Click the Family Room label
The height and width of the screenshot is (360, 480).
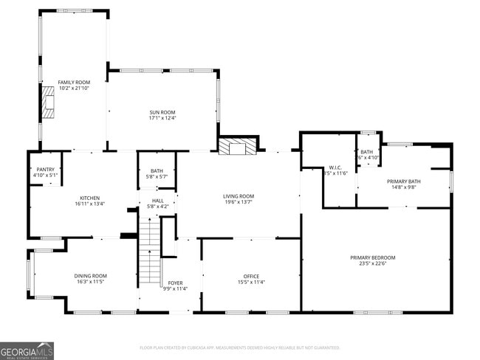pyautogui.click(x=73, y=82)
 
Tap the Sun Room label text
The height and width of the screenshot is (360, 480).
pyautogui.click(x=162, y=111)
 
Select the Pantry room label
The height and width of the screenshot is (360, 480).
pyautogui.click(x=45, y=169)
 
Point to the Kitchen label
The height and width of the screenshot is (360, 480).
pyautogui.click(x=89, y=198)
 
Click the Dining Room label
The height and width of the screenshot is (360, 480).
pyautogui.click(x=90, y=276)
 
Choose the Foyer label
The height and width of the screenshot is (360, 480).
pyautogui.click(x=175, y=283)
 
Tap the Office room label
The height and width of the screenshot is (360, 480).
pyautogui.click(x=251, y=276)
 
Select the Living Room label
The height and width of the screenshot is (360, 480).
pyautogui.click(x=239, y=195)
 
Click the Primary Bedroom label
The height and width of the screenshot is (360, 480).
pyautogui.click(x=372, y=257)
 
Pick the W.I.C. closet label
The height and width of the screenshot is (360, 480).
pyautogui.click(x=334, y=167)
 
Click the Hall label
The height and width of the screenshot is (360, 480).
pyautogui.click(x=158, y=200)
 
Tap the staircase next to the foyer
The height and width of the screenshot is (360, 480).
pyautogui.click(x=151, y=255)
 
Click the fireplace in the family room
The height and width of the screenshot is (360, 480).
pyautogui.click(x=49, y=103)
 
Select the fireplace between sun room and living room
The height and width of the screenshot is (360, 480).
pyautogui.click(x=237, y=146)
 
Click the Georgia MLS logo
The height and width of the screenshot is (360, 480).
pyautogui.click(x=27, y=350)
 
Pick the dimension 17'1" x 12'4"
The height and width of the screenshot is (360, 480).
pyautogui.click(x=162, y=117)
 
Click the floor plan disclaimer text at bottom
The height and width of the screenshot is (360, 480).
pyautogui.click(x=239, y=347)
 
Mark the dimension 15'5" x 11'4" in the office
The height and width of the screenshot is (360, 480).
pyautogui.click(x=251, y=282)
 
